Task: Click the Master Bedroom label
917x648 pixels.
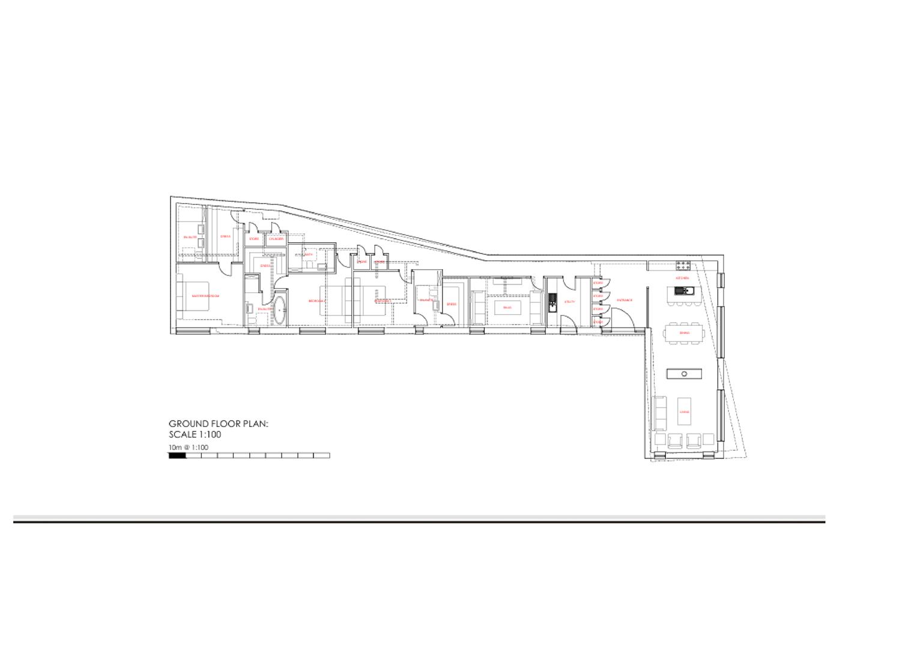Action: [205, 296]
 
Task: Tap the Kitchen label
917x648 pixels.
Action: [682, 279]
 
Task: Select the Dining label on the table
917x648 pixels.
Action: [685, 333]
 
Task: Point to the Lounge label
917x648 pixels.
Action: [685, 412]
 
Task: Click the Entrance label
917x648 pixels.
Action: [625, 301]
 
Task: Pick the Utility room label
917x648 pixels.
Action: [570, 302]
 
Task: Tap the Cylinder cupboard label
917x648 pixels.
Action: [276, 239]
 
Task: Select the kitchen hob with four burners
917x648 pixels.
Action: [683, 265]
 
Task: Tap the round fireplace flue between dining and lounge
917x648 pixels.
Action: [685, 374]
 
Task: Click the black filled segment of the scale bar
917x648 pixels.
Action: [177, 455]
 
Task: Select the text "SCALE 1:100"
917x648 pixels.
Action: [195, 435]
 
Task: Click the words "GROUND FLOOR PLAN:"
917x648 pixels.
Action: [218, 424]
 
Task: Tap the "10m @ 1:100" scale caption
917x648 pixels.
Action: [189, 448]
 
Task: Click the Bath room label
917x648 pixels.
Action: [309, 254]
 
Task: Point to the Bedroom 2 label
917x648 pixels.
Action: [316, 301]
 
